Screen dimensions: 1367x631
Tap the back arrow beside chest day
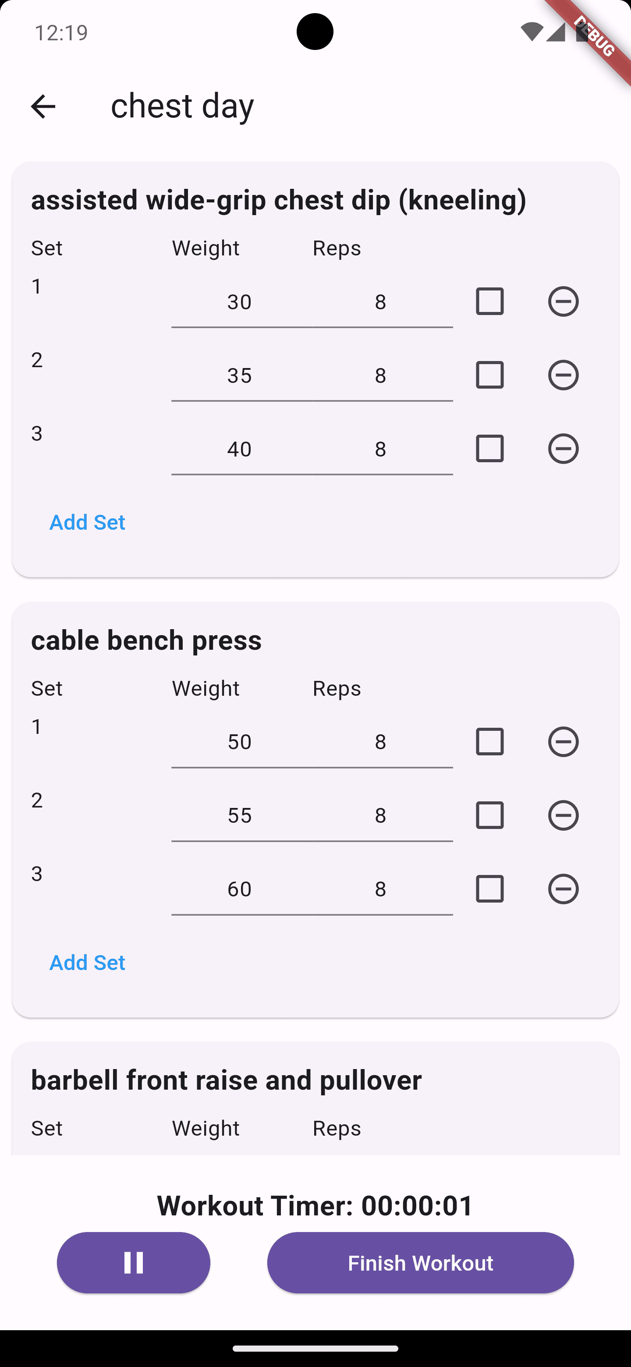[43, 106]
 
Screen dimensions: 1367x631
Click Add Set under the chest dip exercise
[87, 522]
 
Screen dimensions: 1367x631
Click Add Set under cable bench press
[87, 962]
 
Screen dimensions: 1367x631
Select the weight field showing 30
[239, 302]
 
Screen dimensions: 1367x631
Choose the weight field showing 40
[239, 449]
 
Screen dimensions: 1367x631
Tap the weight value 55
[239, 815]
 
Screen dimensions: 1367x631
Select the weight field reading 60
[239, 889]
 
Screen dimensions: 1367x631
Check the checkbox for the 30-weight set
[489, 301]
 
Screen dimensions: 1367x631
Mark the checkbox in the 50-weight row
[489, 741]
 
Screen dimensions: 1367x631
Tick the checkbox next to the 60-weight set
[489, 889]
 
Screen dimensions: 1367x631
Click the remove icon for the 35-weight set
[563, 375]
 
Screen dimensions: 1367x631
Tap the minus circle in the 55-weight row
[563, 815]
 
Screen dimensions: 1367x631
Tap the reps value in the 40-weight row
[380, 449]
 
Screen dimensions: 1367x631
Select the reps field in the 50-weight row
[380, 742]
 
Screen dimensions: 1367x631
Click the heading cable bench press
[146, 640]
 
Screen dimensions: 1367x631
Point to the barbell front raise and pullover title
[227, 1080]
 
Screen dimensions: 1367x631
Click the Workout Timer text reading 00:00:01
[315, 1205]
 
